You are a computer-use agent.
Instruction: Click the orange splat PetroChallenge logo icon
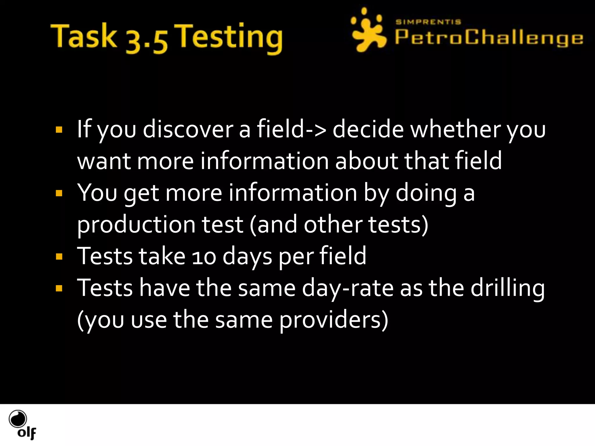coord(368,30)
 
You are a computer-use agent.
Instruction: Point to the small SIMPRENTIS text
coord(428,22)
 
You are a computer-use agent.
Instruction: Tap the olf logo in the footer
coord(22,424)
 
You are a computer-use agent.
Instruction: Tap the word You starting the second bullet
coord(97,193)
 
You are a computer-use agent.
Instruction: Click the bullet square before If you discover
coord(59,130)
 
